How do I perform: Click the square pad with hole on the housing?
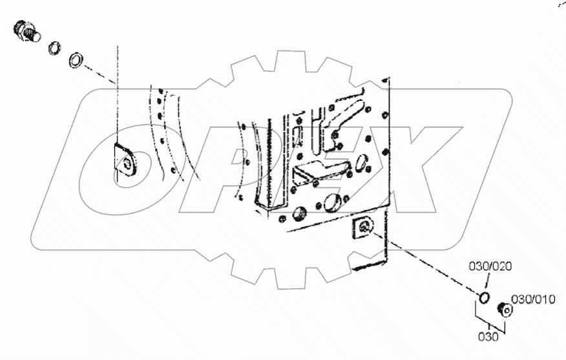pyautogui.click(x=364, y=228)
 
